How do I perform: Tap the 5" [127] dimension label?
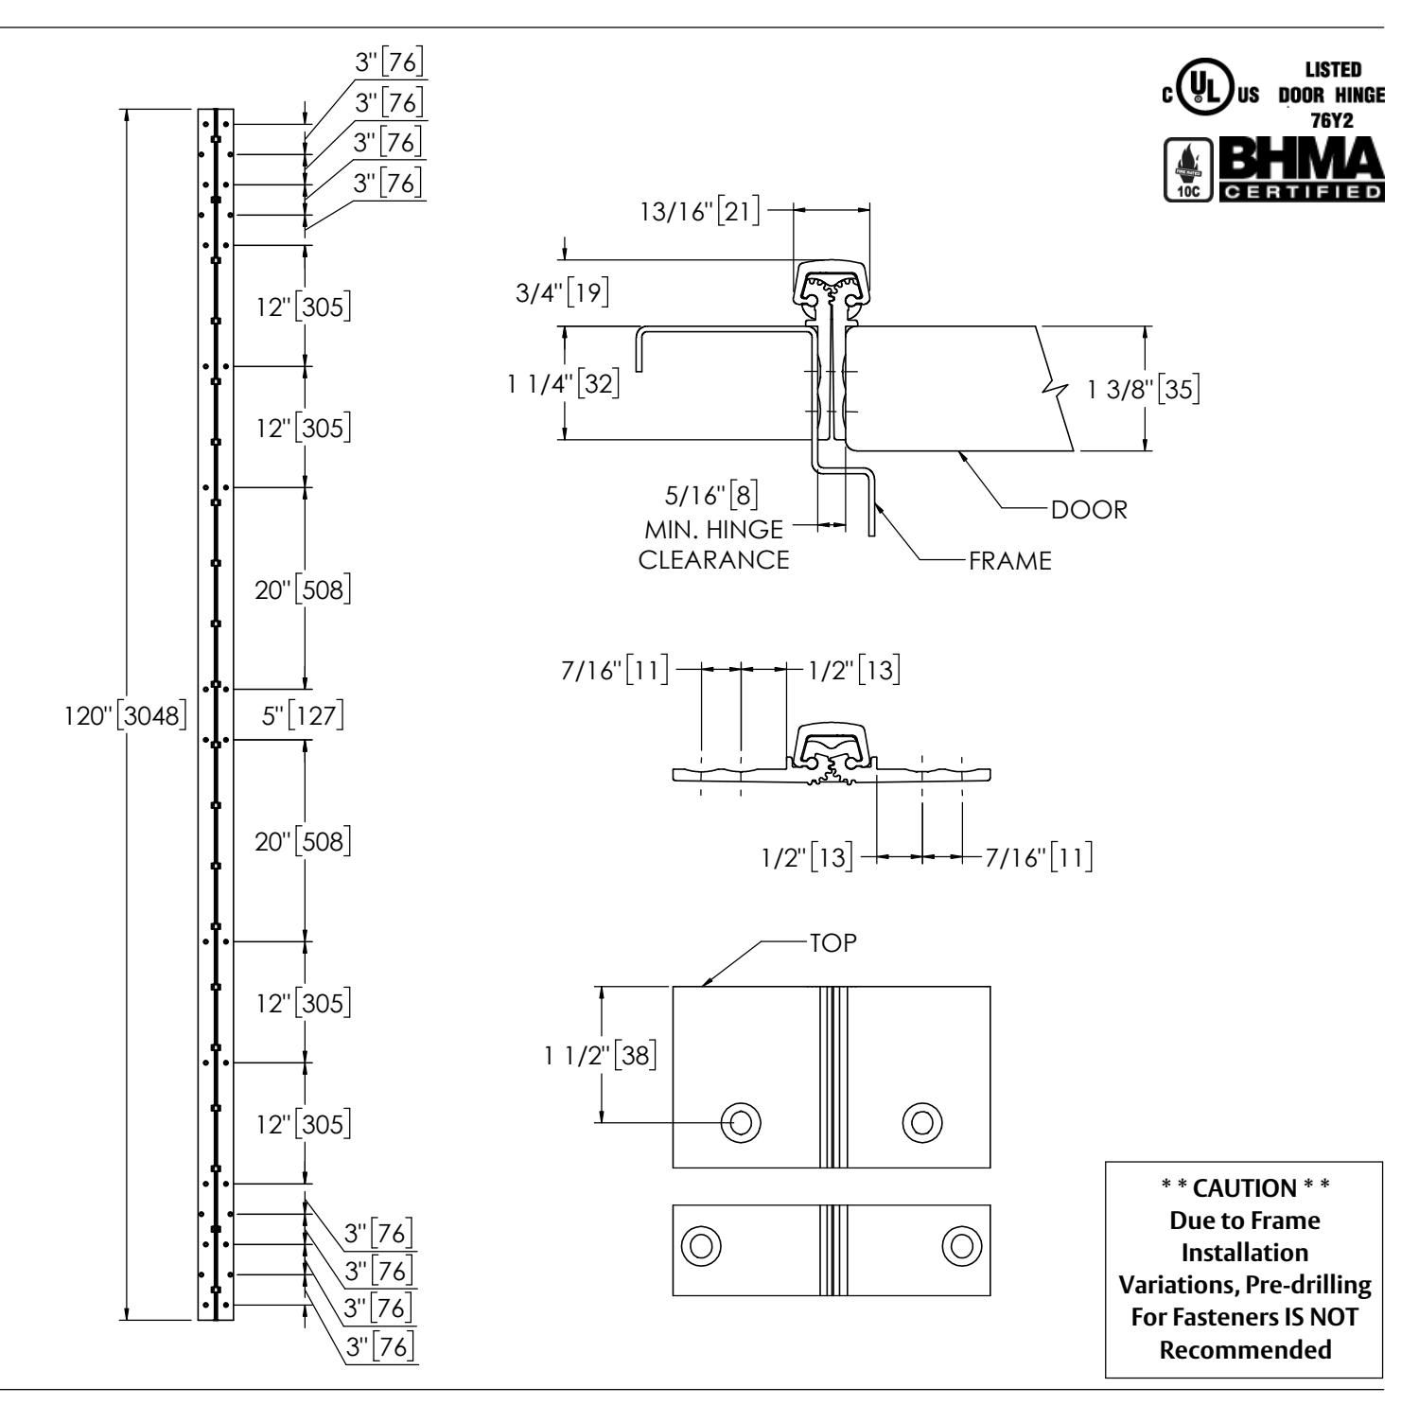click(302, 714)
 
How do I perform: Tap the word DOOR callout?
click(1089, 510)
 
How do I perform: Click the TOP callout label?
click(832, 943)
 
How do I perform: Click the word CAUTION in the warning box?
click(1243, 1187)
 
